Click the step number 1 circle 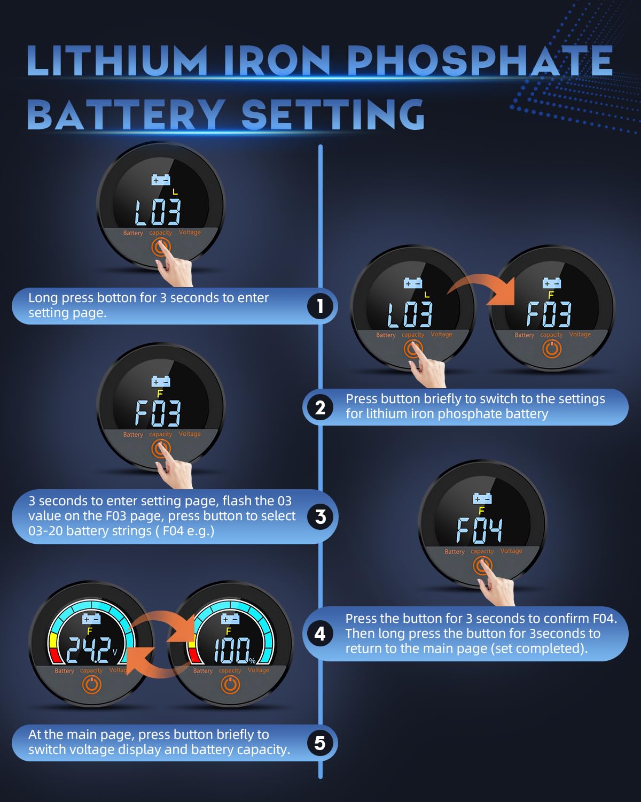pyautogui.click(x=320, y=306)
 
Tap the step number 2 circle pyautogui.click(x=320, y=407)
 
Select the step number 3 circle pyautogui.click(x=320, y=516)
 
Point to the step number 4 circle pyautogui.click(x=320, y=634)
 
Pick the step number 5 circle pyautogui.click(x=320, y=743)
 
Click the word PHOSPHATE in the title pyautogui.click(x=480, y=61)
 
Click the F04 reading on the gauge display pyautogui.click(x=479, y=530)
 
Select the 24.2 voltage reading pyautogui.click(x=89, y=650)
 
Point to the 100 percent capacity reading pyautogui.click(x=232, y=650)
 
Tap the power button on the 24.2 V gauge pyautogui.click(x=92, y=684)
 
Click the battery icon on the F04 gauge pyautogui.click(x=482, y=498)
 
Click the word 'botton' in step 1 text pyautogui.click(x=116, y=298)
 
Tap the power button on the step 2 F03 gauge pyautogui.click(x=552, y=349)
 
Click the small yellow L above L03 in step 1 pyautogui.click(x=175, y=192)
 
